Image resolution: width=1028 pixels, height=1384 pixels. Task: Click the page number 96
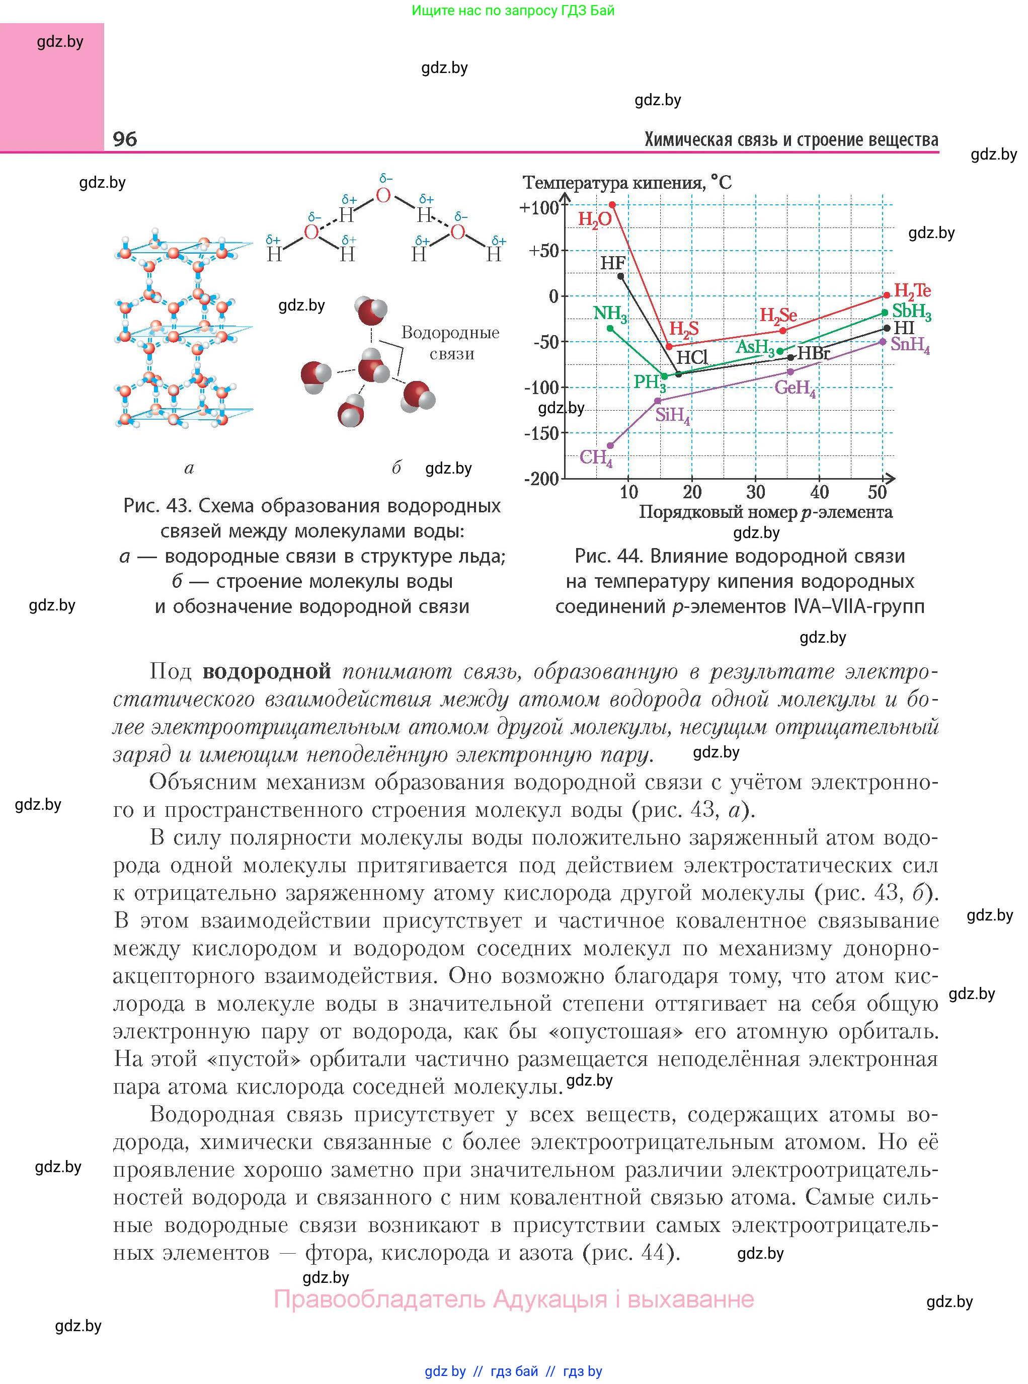[x=125, y=139]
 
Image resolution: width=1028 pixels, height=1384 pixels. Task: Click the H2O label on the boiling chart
[x=594, y=219]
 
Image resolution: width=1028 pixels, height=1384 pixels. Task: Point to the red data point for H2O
[x=612, y=205]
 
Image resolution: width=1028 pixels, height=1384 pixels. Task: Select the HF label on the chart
[x=612, y=263]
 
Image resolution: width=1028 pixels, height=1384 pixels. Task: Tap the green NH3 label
[x=609, y=313]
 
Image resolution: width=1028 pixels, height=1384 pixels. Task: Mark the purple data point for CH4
[x=610, y=445]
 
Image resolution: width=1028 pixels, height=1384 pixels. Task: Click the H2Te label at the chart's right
[x=912, y=290]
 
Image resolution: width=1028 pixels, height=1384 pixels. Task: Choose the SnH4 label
[x=910, y=345]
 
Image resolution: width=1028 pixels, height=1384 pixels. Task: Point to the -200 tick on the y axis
[x=542, y=479]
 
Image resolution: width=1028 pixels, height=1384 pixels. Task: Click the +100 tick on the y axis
[x=539, y=207]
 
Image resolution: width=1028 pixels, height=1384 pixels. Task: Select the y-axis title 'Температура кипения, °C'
[x=626, y=182]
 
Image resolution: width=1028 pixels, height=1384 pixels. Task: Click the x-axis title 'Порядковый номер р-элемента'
[x=765, y=512]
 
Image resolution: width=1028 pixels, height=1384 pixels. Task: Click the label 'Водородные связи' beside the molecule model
[x=450, y=342]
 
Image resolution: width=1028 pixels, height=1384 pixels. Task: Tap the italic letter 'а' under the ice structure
[x=189, y=468]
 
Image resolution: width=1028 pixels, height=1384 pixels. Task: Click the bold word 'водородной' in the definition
[x=267, y=671]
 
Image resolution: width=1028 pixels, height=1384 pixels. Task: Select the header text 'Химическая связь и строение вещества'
[x=791, y=139]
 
